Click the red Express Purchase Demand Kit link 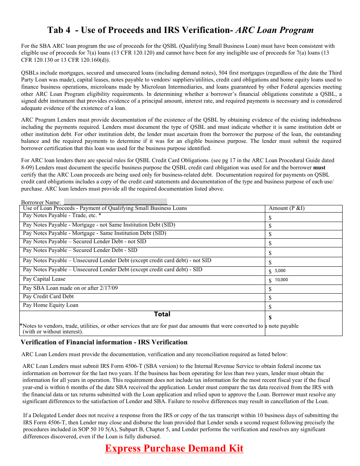(x=174, y=448)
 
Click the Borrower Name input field (x=115, y=202)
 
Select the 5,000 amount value (x=280, y=271)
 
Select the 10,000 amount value (x=281, y=280)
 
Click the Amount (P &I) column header (x=286, y=208)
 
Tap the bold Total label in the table (x=162, y=314)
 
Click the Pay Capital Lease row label (x=44, y=279)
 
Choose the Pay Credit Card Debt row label (x=48, y=296)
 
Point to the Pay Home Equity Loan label (x=50, y=305)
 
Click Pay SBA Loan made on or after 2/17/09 (x=70, y=288)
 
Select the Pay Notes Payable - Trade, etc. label (x=62, y=215)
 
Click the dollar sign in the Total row (x=270, y=317)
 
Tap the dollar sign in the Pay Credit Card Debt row (x=270, y=298)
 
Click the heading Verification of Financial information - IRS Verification (x=104, y=342)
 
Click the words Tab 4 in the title (x=59, y=30)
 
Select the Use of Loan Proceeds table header (x=105, y=208)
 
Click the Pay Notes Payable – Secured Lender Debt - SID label (x=80, y=250)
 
